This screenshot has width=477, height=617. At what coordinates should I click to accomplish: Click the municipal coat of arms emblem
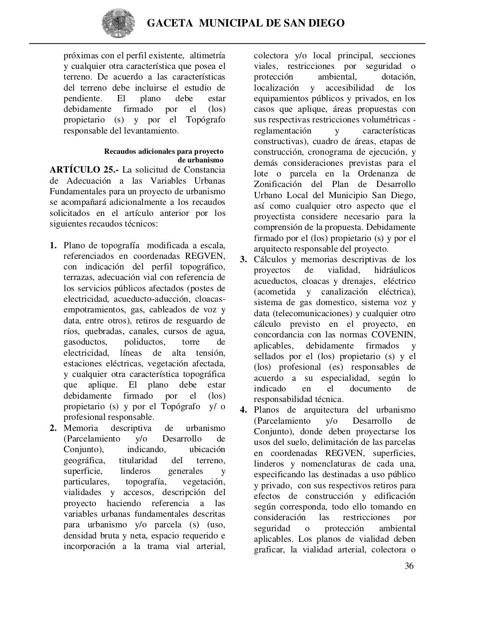[115, 23]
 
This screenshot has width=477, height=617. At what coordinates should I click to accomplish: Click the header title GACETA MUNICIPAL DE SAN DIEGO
[245, 23]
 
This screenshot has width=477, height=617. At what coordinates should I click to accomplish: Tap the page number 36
[409, 566]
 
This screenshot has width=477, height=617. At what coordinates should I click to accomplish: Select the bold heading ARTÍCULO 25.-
[84, 170]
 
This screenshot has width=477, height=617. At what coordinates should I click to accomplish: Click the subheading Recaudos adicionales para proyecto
[164, 151]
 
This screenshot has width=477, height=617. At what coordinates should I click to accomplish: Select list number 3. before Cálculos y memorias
[244, 260]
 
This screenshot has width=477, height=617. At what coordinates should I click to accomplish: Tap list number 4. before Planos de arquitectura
[244, 410]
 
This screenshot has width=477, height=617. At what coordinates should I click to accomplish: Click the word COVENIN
[393, 335]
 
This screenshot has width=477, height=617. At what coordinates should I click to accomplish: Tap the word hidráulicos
[390, 270]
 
